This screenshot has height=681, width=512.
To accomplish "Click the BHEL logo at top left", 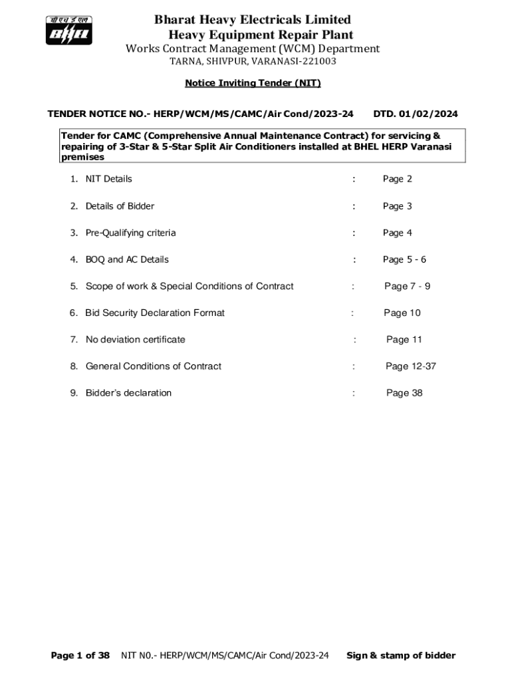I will coord(69,30).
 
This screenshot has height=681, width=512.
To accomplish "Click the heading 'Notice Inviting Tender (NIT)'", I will coord(253,83).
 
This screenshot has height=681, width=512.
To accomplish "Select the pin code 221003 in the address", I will coord(315,61).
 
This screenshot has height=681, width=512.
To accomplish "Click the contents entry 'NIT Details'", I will coord(108,179).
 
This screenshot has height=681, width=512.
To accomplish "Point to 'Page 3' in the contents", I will coord(397,206).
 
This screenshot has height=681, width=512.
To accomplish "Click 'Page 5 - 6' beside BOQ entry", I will coord(404,259).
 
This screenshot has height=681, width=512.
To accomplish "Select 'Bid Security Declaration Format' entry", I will coord(155,313).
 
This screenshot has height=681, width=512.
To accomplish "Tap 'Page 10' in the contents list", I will coord(402,313).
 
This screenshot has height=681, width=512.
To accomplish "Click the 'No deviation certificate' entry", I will coord(135,339).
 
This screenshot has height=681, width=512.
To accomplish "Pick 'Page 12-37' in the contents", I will coord(411,366).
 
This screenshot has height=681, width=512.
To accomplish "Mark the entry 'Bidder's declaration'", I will coord(128,392).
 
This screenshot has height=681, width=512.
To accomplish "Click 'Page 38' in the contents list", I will coord(404,392).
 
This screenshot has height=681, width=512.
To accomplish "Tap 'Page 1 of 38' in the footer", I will coord(80,655).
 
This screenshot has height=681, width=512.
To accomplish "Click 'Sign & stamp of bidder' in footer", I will coord(401,655).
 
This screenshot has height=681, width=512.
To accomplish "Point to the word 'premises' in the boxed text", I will coord(82,158).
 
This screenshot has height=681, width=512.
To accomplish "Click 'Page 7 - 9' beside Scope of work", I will coord(407,286).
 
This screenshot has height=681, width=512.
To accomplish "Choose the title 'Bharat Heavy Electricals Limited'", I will coord(253,20).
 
